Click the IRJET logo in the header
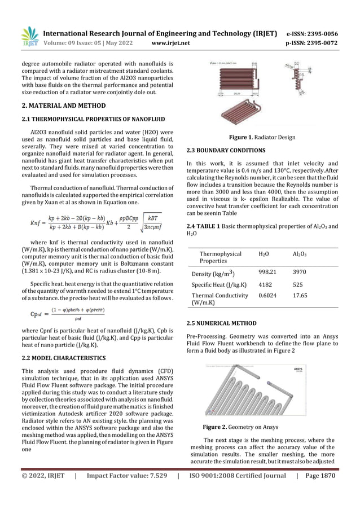29,37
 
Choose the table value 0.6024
267,296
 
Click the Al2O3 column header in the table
301,255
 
